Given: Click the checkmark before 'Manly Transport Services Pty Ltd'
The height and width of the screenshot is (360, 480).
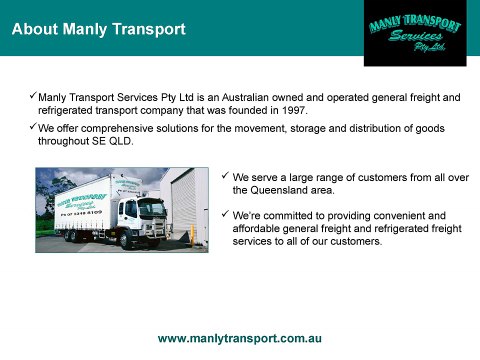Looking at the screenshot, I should [31, 96].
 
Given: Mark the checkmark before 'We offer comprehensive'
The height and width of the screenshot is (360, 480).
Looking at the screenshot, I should [31, 128].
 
